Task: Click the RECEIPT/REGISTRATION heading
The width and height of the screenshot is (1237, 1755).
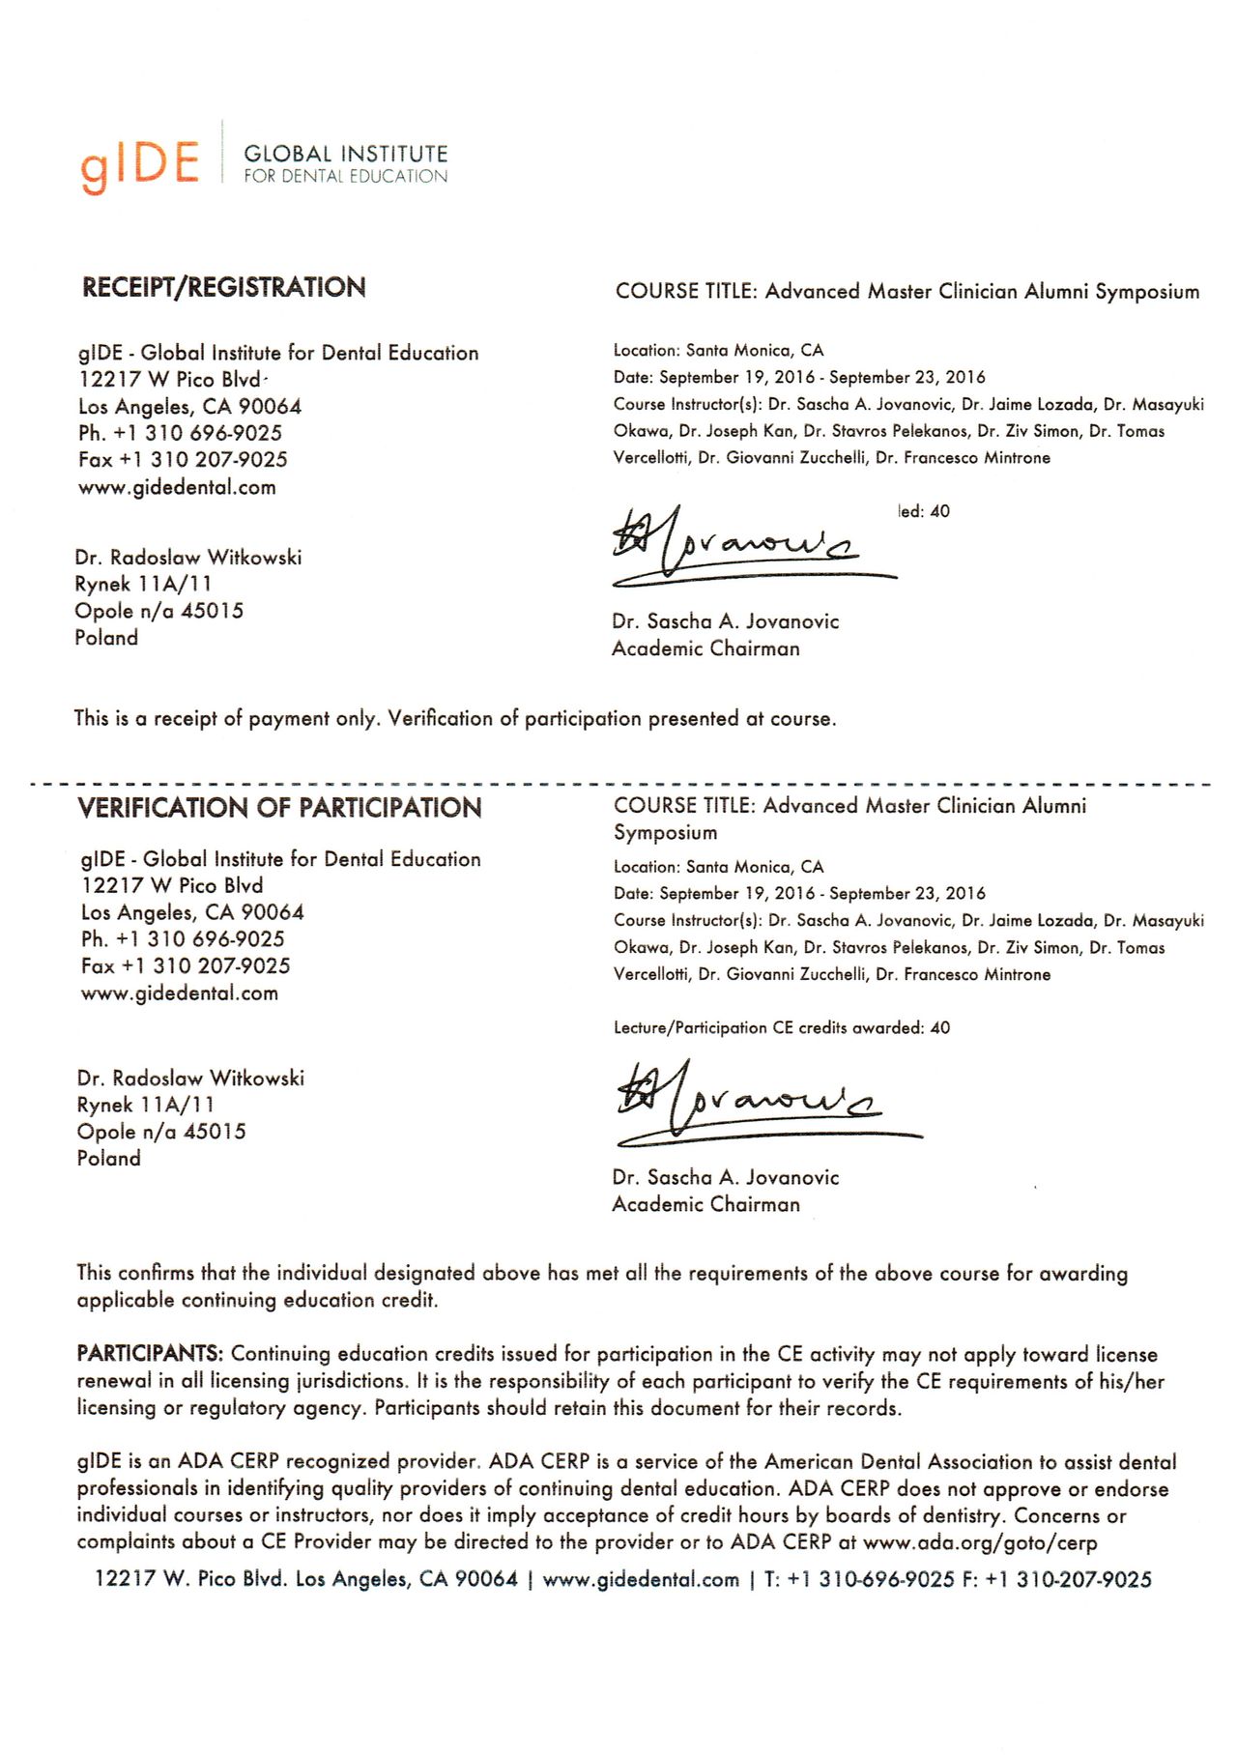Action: point(223,287)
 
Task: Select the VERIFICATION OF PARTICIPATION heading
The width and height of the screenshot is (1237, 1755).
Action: point(279,808)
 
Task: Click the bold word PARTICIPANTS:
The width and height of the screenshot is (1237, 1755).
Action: point(150,1354)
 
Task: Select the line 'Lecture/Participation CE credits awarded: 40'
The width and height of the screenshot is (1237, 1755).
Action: point(781,1028)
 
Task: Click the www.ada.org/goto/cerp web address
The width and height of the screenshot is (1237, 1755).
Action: point(979,1542)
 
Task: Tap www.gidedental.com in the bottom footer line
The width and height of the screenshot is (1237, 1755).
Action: point(641,1580)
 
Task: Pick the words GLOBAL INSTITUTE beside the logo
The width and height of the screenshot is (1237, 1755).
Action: point(345,154)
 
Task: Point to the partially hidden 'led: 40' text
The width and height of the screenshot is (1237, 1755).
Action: point(924,511)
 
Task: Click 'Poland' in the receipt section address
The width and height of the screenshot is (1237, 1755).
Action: point(106,638)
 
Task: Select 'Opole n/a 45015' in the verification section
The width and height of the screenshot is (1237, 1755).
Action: point(161,1132)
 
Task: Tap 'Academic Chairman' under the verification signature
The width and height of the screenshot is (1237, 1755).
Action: point(705,1204)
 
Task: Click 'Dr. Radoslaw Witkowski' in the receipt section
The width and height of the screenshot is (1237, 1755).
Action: point(188,558)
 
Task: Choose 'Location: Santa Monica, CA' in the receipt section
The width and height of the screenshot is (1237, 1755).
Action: point(718,351)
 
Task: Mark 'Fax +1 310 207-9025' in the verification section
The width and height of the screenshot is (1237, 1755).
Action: point(186,966)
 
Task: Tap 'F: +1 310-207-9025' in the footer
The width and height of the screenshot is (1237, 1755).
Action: point(1056,1580)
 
